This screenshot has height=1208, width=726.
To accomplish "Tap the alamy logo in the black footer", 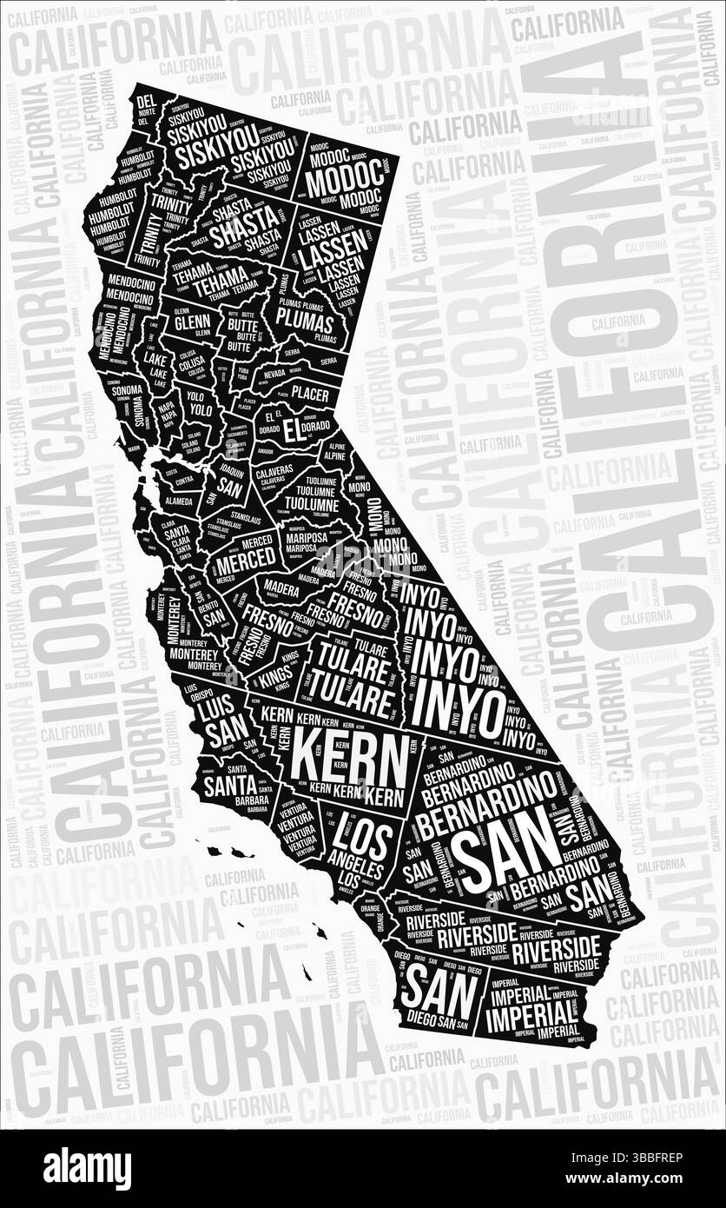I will point(87,1169).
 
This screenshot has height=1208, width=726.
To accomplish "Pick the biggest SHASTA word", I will point(245,234).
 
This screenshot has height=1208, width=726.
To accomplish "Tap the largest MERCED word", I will point(245,561).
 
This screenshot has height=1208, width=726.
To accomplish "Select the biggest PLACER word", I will point(310,395).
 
